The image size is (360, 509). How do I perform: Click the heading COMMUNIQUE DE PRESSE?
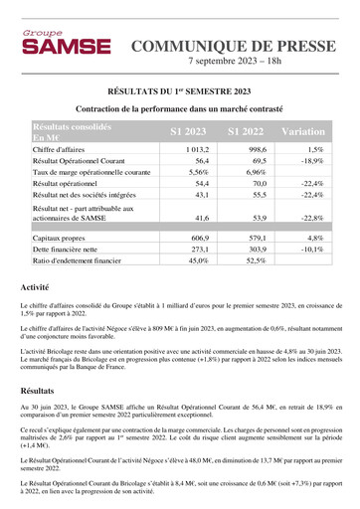click(231, 46)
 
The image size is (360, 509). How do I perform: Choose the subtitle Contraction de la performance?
click(179, 108)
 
